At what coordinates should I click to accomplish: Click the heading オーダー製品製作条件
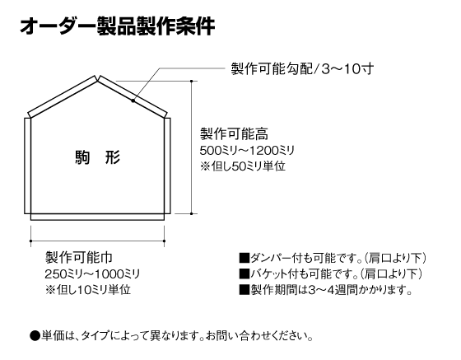click(x=118, y=26)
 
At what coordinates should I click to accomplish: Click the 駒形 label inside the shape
click(x=98, y=157)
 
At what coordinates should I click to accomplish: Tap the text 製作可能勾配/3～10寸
click(x=302, y=69)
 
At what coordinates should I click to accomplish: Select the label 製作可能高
click(x=234, y=134)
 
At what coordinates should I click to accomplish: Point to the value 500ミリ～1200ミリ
click(x=247, y=151)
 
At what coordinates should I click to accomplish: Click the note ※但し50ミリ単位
click(x=243, y=166)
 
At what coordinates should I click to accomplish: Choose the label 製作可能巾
click(x=79, y=257)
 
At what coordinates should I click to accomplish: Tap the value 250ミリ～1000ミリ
click(x=92, y=274)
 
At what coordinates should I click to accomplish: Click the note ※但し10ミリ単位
click(x=87, y=290)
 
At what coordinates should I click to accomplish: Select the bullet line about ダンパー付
click(x=333, y=258)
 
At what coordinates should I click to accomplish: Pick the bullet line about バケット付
click(x=330, y=274)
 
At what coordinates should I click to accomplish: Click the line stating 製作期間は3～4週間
click(x=325, y=290)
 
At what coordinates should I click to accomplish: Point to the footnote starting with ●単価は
click(x=171, y=335)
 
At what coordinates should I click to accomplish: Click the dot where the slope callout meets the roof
click(x=133, y=101)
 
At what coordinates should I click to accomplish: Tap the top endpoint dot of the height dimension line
click(x=192, y=81)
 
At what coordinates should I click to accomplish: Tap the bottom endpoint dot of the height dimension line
click(x=192, y=214)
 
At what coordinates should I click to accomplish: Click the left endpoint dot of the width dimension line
click(x=31, y=241)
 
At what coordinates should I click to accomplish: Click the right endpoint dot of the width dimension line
click(x=164, y=241)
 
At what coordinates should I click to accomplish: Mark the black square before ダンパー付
click(x=244, y=258)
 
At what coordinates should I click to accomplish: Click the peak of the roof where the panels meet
click(x=97, y=79)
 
